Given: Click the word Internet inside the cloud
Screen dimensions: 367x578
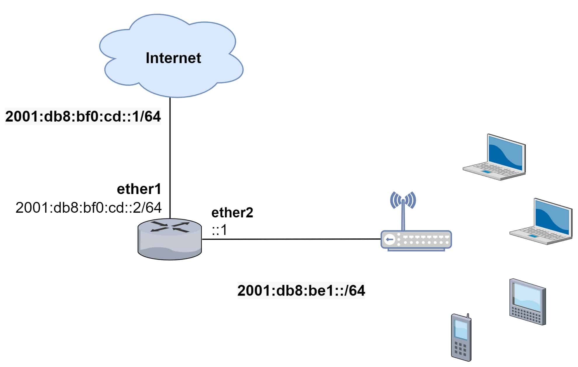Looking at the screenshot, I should click(x=173, y=58).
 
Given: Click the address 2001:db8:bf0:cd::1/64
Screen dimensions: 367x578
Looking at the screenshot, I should click(x=83, y=116).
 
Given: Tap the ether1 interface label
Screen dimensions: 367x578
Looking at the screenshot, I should click(x=139, y=189).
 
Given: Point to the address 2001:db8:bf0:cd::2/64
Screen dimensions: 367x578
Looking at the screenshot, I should click(x=88, y=207).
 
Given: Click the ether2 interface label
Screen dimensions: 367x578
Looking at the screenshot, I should click(x=232, y=212).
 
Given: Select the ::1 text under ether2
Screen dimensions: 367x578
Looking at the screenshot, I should click(x=219, y=230).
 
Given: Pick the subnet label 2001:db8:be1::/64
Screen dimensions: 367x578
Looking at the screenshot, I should click(x=301, y=290).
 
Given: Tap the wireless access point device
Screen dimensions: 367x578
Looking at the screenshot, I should click(x=416, y=240).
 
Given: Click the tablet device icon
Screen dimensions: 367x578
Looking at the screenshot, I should click(x=528, y=302).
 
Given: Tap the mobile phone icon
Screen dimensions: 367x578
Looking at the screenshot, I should click(x=461, y=337).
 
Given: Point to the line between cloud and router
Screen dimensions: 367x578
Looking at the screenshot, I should click(x=170, y=158).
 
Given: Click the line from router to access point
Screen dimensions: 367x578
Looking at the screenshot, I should click(x=292, y=239).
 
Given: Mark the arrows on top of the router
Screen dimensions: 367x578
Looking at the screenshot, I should click(x=170, y=227).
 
